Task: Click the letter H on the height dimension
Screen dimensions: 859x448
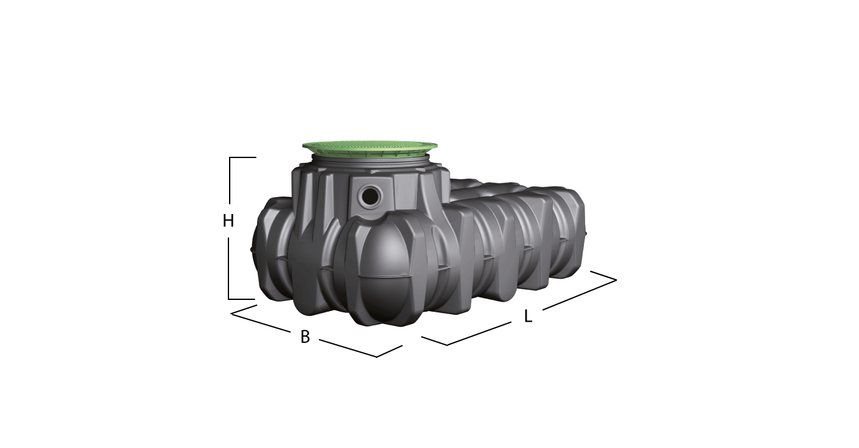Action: (x=228, y=221)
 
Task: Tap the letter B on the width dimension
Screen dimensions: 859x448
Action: (x=305, y=337)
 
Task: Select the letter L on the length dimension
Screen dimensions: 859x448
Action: (x=528, y=316)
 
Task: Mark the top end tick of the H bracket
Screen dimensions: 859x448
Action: (x=243, y=157)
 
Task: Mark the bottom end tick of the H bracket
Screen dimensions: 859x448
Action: (x=242, y=299)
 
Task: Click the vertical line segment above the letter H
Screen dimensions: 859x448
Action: (x=230, y=180)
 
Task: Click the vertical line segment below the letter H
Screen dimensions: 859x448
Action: (x=228, y=268)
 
